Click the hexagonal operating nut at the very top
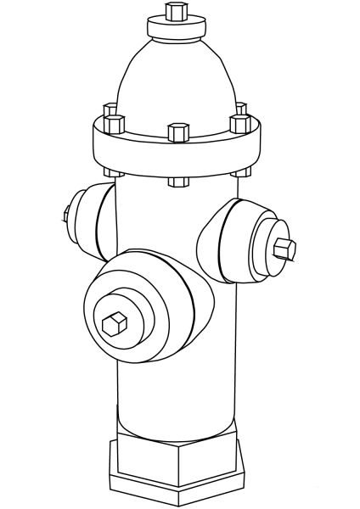[177, 12]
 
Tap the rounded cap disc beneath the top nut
[177, 30]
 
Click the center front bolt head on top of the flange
[177, 132]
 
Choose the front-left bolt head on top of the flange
[114, 126]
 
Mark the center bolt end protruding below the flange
[177, 181]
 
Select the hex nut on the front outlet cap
[114, 322]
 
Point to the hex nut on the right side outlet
[284, 249]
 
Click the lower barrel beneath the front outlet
[174, 399]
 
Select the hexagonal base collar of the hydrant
[178, 462]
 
